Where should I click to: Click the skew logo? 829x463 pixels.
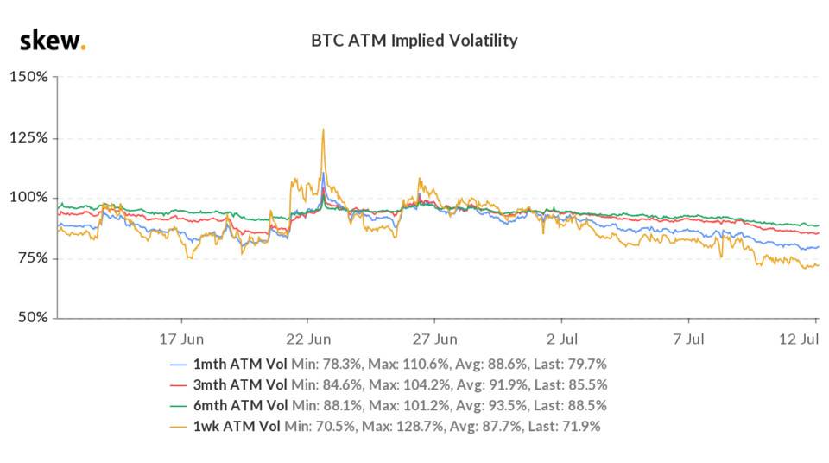click(52, 40)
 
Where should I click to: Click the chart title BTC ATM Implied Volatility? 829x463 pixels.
click(414, 40)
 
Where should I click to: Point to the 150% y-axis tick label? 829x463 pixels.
click(28, 77)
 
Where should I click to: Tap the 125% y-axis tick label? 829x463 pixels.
click(28, 137)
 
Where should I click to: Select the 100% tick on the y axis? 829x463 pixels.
click(28, 198)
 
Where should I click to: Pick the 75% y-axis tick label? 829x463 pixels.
click(31, 258)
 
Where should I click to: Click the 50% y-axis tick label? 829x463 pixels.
click(31, 318)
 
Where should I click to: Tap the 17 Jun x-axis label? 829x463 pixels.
click(180, 337)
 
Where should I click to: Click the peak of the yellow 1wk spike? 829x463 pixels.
click(323, 130)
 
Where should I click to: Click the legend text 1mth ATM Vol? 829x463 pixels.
click(241, 364)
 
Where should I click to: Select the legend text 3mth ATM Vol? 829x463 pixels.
click(241, 384)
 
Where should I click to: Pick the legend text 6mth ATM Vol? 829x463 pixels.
click(241, 405)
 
